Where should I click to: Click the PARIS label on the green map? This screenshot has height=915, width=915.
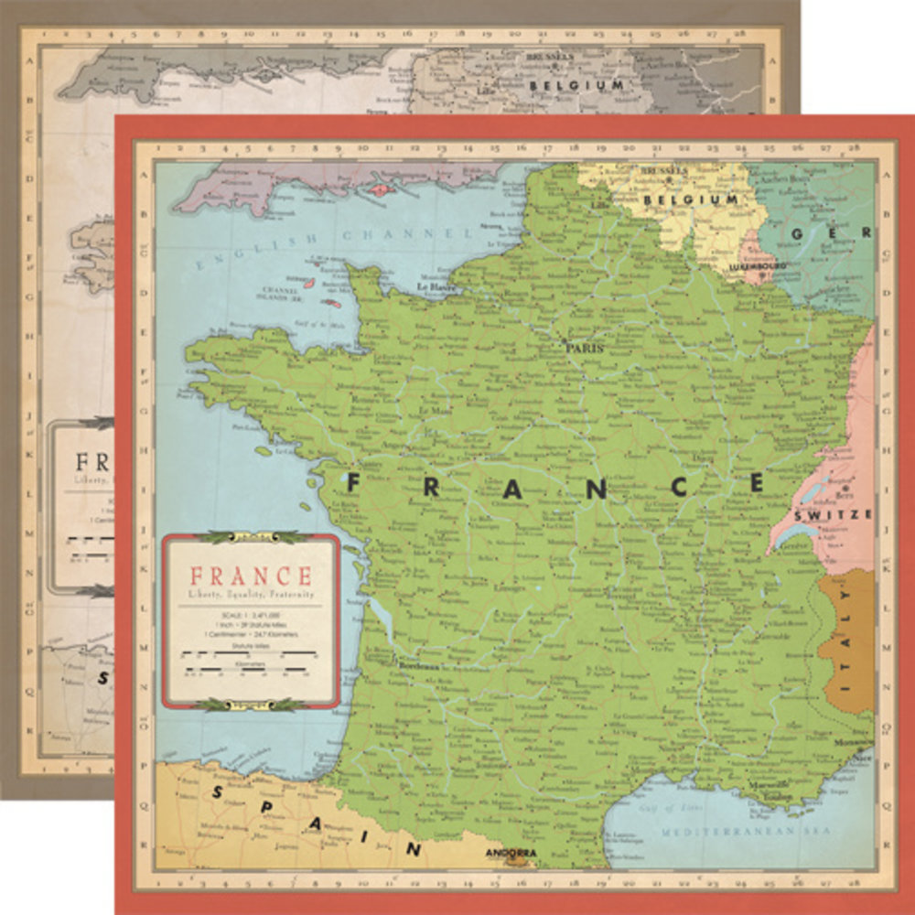(x=585, y=348)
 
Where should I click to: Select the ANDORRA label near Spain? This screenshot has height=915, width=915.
(x=511, y=854)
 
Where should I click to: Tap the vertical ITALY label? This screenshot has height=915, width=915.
(x=845, y=630)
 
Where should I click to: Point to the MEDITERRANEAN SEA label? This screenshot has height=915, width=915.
(x=748, y=834)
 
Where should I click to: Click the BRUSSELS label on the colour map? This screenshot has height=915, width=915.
(x=665, y=171)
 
